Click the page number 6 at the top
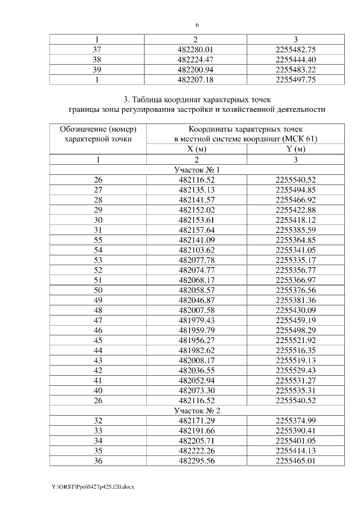[197, 25]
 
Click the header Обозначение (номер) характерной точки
[98, 134]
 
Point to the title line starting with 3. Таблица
[197, 100]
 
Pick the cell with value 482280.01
[197, 49]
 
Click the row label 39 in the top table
[98, 69]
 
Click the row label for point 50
[98, 291]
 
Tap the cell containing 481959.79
[197, 331]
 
